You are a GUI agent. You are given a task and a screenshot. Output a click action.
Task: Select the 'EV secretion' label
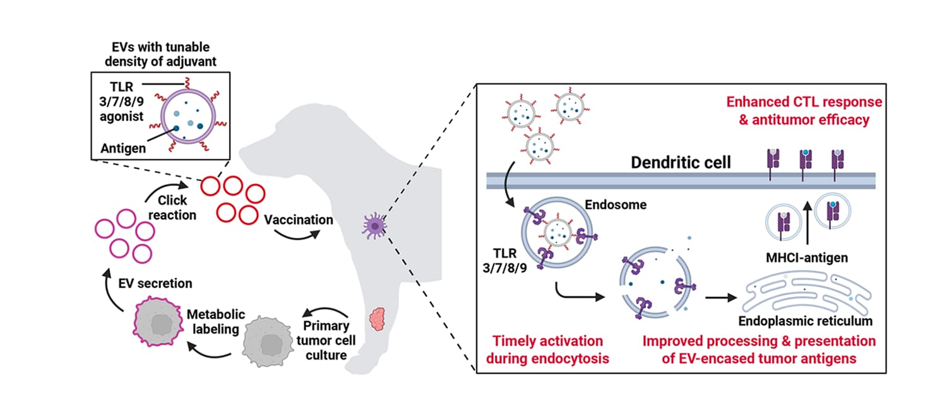[155, 283]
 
